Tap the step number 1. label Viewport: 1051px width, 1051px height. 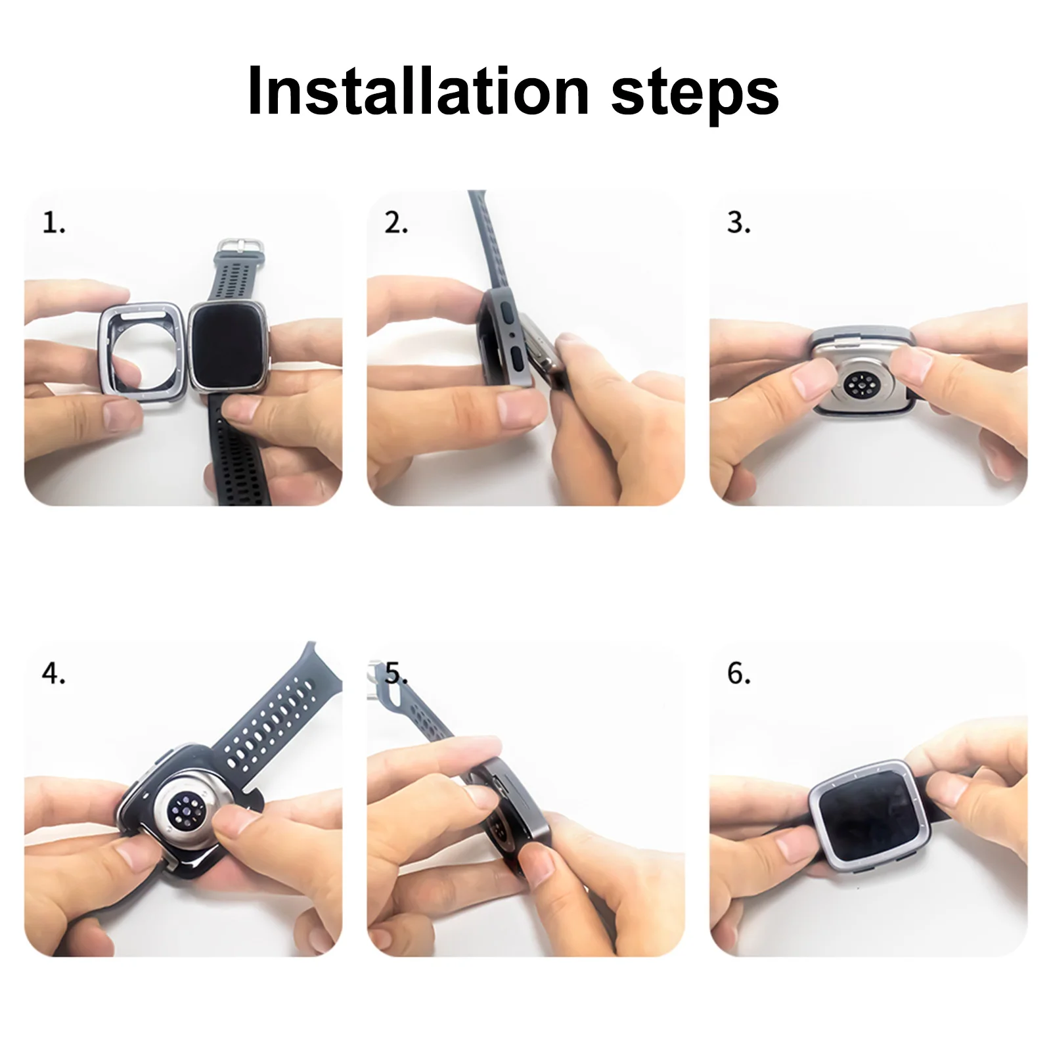54,223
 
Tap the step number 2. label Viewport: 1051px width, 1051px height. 396,223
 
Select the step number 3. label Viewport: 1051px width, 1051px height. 739,223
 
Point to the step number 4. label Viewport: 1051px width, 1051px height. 54,673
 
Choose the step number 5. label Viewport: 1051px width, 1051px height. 396,673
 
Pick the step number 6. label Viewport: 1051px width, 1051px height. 739,673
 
